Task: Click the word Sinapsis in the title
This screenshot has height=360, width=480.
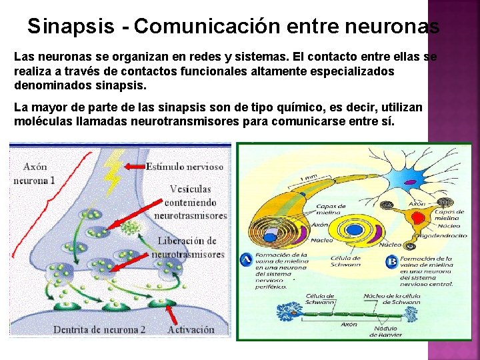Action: click(x=70, y=26)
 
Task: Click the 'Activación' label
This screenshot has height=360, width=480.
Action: click(x=191, y=329)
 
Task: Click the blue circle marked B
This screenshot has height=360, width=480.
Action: click(x=392, y=262)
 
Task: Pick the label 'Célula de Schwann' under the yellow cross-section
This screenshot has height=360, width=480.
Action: click(x=345, y=261)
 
